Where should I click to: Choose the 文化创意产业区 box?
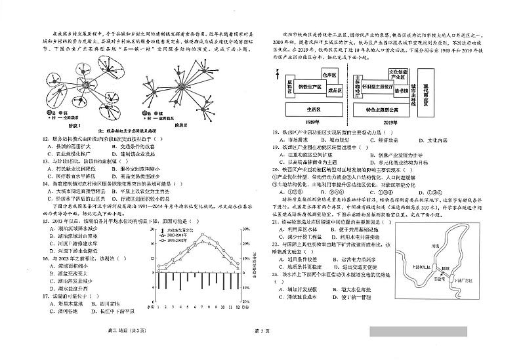pos(398,73)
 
